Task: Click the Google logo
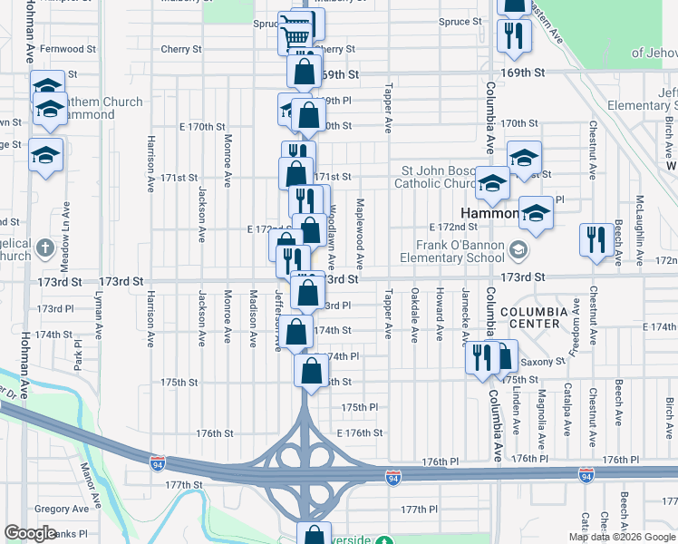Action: pyautogui.click(x=31, y=533)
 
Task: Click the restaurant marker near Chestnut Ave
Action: pyautogui.click(x=596, y=240)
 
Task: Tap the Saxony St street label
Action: pyautogui.click(x=544, y=361)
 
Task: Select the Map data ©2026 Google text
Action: pyautogui.click(x=622, y=537)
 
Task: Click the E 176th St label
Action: pyautogui.click(x=360, y=433)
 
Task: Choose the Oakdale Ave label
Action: pyautogui.click(x=414, y=315)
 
